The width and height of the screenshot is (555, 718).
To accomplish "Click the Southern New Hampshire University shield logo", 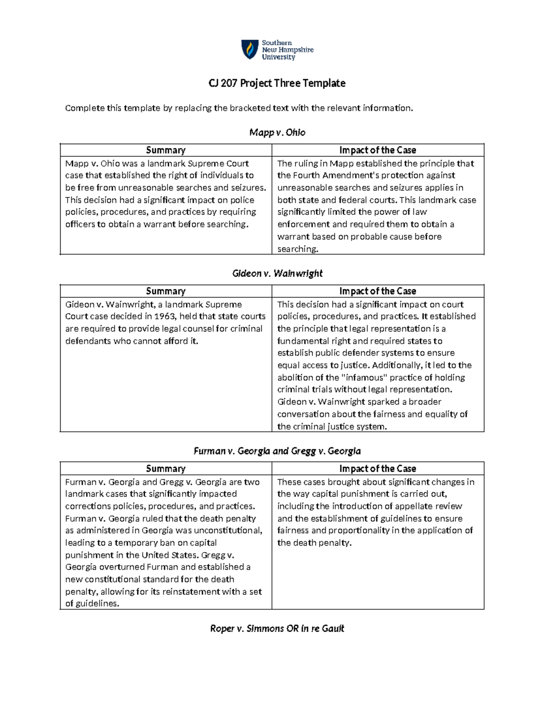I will pyautogui.click(x=250, y=49).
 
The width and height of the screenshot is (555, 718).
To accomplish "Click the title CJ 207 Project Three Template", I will pyautogui.click(x=277, y=83).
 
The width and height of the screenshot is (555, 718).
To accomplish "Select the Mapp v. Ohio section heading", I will pyautogui.click(x=277, y=133).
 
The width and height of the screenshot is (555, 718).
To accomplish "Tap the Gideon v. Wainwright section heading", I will pyautogui.click(x=277, y=273).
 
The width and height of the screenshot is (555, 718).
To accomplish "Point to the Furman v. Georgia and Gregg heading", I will pyautogui.click(x=277, y=451).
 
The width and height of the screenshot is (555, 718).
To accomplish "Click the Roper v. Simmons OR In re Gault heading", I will pyautogui.click(x=277, y=628).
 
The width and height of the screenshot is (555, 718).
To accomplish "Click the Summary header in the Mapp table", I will pyautogui.click(x=166, y=150).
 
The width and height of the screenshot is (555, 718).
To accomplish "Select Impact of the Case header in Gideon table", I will pyautogui.click(x=377, y=291).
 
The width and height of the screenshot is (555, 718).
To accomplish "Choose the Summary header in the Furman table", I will pyautogui.click(x=166, y=469).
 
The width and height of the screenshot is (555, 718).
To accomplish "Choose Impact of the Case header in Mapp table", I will pyautogui.click(x=377, y=150).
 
